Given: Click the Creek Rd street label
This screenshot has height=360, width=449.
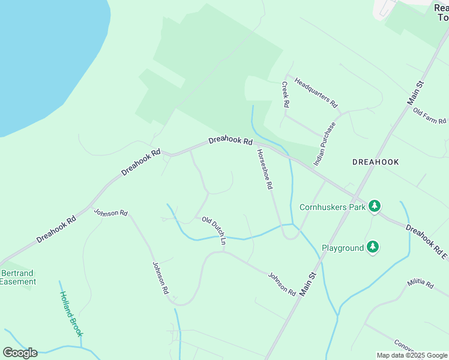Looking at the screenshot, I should coord(286,95).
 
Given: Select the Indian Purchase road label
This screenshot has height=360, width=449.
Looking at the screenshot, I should coord(325,144).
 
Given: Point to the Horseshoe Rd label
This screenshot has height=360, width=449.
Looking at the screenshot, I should coord(265,170).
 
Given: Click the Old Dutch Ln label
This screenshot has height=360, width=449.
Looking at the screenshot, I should coord(214,231).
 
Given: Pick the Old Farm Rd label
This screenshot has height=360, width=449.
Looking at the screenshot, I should coord(429,117).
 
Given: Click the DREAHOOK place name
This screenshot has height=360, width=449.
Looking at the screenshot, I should coord(375,162).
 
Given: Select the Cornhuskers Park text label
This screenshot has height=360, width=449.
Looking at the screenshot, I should coord(333,207).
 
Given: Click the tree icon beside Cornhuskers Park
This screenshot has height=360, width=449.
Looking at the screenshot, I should coord(375,206).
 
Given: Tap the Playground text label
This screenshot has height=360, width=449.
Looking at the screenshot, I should coord(343,248).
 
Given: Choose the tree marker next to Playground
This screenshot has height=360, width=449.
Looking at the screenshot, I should coord(373,247).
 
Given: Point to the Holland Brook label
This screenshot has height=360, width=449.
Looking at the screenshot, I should coord(71,314).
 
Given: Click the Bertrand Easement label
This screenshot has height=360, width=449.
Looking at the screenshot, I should coord(18,277).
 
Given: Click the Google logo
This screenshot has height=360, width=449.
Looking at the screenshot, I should coord(20,352).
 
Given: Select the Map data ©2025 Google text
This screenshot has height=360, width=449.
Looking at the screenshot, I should coord(412,355).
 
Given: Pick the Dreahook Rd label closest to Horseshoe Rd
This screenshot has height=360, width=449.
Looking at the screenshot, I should coord(231,140).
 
